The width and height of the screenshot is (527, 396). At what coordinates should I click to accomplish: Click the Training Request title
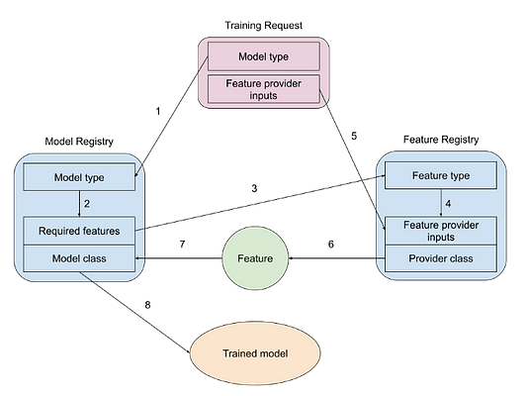click(263, 25)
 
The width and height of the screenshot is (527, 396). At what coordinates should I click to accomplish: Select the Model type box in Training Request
click(263, 56)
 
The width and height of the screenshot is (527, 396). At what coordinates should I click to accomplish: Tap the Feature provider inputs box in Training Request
click(263, 89)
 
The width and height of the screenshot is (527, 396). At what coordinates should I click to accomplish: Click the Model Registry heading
click(79, 142)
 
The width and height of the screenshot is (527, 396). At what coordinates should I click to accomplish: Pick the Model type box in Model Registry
click(79, 177)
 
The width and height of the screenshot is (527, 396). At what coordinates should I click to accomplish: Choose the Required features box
click(79, 231)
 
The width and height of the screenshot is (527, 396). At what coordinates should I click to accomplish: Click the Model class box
click(79, 258)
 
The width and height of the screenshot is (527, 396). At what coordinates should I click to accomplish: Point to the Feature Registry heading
click(441, 140)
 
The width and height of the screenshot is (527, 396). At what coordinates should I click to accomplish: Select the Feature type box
click(441, 175)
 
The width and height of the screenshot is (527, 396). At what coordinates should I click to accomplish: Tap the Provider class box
click(441, 258)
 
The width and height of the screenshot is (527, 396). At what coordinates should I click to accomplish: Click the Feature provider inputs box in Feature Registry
click(441, 231)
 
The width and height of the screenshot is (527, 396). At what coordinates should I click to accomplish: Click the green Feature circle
click(255, 258)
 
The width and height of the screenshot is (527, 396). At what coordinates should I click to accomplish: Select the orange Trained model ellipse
click(255, 353)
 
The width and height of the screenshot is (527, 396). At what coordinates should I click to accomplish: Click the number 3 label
click(254, 188)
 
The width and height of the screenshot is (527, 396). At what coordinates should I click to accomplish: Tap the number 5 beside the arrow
click(354, 136)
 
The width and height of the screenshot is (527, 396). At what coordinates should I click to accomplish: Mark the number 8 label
click(147, 305)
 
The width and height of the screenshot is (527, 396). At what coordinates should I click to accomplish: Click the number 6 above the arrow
click(331, 244)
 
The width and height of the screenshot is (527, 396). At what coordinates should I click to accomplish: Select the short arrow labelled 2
click(79, 204)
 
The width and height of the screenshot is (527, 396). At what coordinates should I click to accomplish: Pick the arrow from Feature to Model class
click(178, 258)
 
